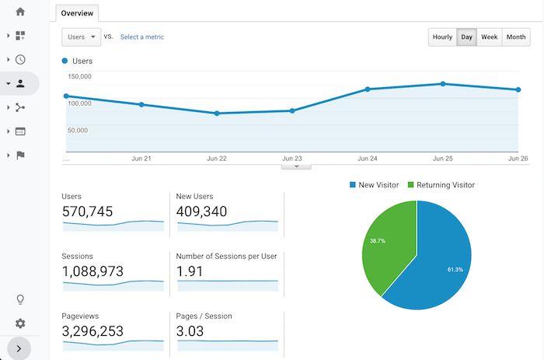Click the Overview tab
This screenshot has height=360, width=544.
[x=78, y=13]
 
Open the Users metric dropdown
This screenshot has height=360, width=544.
[x=81, y=37]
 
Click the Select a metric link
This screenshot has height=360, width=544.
[x=141, y=37]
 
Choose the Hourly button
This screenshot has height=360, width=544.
[x=442, y=37]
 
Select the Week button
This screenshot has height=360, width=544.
[x=489, y=37]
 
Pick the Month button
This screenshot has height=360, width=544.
[x=515, y=37]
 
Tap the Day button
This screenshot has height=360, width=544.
[x=466, y=37]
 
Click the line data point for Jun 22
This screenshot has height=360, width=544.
[x=217, y=114]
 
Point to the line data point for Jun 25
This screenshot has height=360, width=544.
[x=443, y=84]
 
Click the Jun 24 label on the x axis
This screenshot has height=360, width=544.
[x=368, y=158]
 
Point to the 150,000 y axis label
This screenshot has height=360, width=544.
[x=80, y=76]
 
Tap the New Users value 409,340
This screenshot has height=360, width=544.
[x=202, y=211]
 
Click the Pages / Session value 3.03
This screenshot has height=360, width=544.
[x=191, y=331]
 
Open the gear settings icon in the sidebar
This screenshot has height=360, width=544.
[x=20, y=323]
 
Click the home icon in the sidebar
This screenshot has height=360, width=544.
[x=20, y=12]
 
